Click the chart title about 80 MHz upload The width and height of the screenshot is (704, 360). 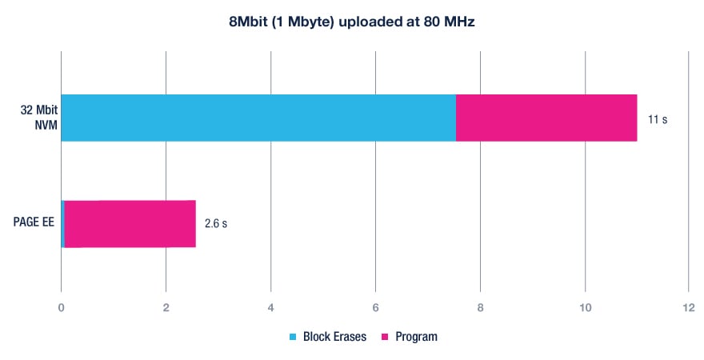[x=352, y=22]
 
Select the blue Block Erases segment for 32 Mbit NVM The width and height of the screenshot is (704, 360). [x=258, y=118]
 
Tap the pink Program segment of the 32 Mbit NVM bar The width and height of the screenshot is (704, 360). [x=546, y=118]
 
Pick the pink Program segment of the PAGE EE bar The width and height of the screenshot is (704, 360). [x=130, y=224]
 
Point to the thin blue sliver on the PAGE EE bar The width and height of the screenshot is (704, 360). [x=62, y=224]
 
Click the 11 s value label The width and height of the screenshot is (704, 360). [x=658, y=119]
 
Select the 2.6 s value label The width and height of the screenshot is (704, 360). [x=216, y=224]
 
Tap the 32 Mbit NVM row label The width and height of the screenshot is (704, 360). [x=37, y=118]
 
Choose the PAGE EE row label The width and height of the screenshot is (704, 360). [x=33, y=222]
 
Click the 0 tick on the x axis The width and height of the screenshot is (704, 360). [x=62, y=309]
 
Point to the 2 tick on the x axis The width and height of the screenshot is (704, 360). [x=166, y=309]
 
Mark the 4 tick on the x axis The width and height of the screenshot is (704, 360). [x=270, y=309]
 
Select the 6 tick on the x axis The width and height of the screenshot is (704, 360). [x=375, y=309]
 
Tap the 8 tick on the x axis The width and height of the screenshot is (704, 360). [x=480, y=309]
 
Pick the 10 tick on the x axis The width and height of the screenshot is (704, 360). [x=584, y=309]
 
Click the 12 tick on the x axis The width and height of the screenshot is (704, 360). [x=688, y=309]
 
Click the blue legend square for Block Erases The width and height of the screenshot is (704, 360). [x=292, y=337]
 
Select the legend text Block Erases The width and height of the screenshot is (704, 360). [x=334, y=337]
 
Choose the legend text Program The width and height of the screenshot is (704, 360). [x=416, y=337]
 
